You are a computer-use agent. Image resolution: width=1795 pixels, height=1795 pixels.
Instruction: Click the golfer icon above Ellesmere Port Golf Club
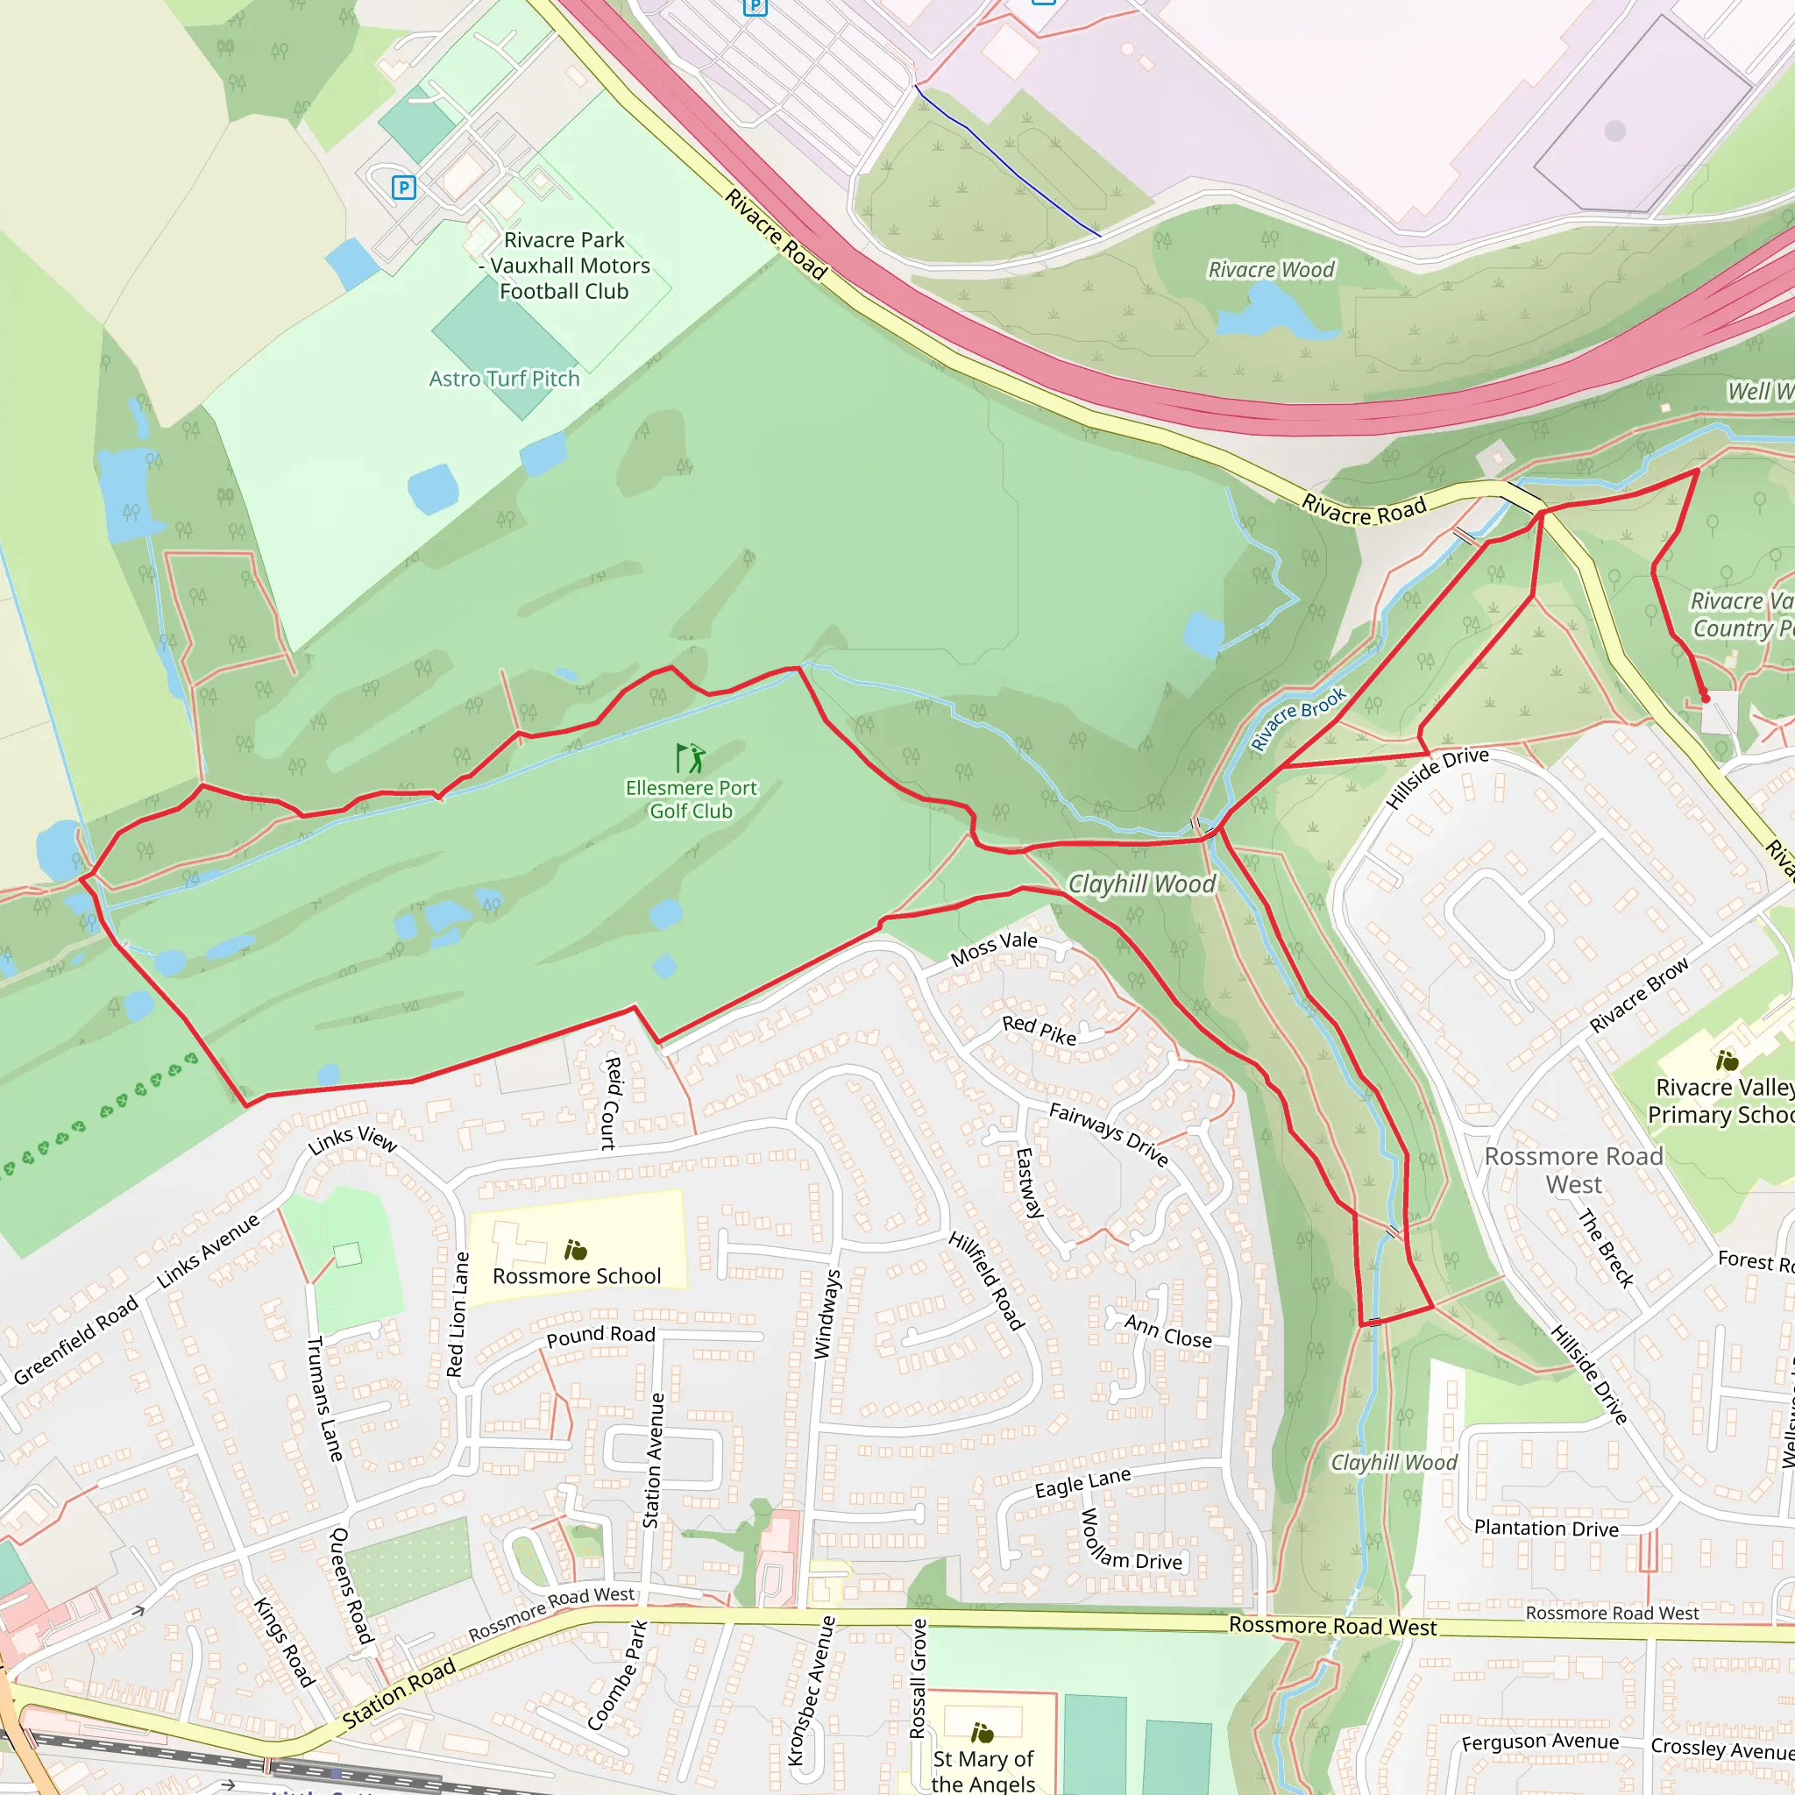click(x=691, y=758)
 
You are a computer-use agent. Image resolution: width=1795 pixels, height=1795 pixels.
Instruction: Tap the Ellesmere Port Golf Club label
click(x=691, y=799)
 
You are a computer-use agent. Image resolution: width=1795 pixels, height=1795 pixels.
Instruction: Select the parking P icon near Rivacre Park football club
click(x=403, y=188)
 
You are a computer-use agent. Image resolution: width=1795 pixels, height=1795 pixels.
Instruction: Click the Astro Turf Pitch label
click(x=504, y=379)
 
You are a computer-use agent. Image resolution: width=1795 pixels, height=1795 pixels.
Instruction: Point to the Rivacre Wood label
click(x=1270, y=270)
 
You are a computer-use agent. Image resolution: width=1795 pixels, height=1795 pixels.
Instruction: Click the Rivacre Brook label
click(x=1297, y=718)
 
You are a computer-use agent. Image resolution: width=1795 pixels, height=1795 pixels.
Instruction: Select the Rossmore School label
click(x=576, y=1275)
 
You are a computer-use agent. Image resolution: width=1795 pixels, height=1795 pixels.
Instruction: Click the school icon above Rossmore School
click(x=575, y=1250)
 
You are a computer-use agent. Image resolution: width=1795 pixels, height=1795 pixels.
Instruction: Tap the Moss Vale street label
click(x=993, y=947)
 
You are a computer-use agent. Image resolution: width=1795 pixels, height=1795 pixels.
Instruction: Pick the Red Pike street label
click(x=1039, y=1030)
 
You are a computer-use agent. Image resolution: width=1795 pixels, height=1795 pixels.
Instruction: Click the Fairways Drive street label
click(x=1109, y=1133)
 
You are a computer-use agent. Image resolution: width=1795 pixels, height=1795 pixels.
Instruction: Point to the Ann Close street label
click(x=1167, y=1331)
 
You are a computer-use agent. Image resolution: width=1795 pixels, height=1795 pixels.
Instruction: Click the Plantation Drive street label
click(x=1546, y=1529)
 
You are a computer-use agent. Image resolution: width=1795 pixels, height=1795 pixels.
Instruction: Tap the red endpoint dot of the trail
click(x=1705, y=698)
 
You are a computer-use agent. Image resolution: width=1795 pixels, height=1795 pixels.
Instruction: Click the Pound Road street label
click(x=600, y=1335)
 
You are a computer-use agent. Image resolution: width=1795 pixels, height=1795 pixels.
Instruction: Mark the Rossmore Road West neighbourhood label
click(x=1573, y=1170)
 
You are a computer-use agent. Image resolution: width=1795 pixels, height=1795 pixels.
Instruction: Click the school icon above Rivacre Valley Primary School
click(x=1727, y=1061)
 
